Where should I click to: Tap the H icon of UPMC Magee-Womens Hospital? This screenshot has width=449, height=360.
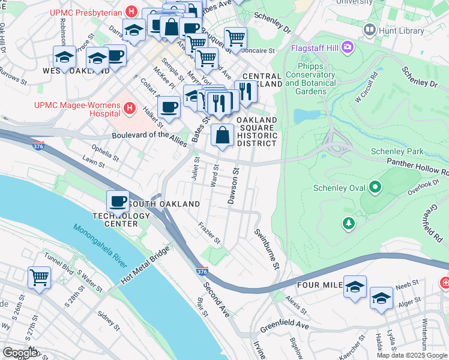[x=128, y=108]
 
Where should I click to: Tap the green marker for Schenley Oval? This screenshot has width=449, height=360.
[x=376, y=188]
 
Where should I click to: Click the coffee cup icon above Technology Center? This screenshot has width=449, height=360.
[x=118, y=201]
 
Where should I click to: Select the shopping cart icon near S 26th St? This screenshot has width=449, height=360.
[x=39, y=278]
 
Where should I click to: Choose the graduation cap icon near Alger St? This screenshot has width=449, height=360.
[x=381, y=298]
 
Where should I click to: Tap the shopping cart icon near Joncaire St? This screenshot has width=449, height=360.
[x=235, y=38]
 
